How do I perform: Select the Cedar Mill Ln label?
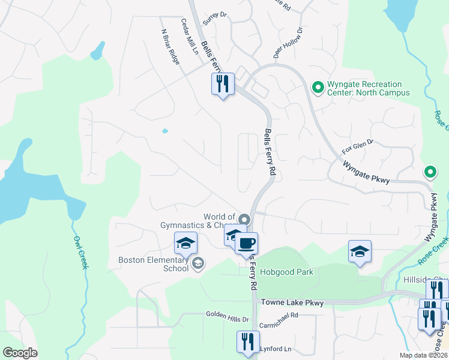[x=190, y=37]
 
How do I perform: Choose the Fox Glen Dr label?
[x=358, y=145]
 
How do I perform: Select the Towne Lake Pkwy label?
[x=291, y=303]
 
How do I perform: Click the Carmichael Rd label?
[x=279, y=325]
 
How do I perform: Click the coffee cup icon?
[x=246, y=243]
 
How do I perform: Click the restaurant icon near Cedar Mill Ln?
[x=223, y=83]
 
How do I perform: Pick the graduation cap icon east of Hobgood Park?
[x=360, y=251]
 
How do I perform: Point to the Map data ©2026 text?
[x=423, y=355]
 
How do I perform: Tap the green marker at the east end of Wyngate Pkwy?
[x=430, y=173]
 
